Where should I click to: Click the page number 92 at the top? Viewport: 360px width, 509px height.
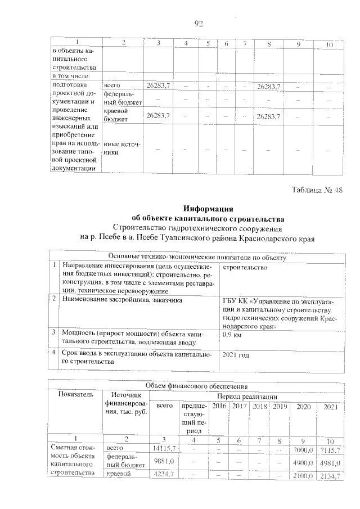pyautogui.click(x=198, y=23)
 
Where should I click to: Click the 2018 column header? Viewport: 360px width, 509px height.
pyautogui.click(x=260, y=406)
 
